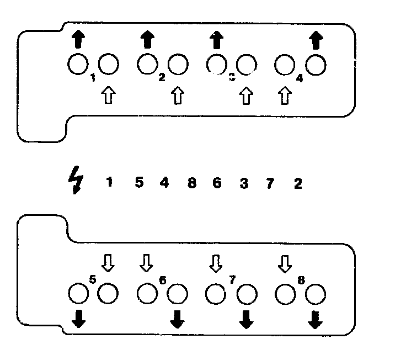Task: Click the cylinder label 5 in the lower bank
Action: click(x=92, y=279)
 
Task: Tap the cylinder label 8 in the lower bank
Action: click(x=301, y=279)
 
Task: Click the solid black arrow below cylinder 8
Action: click(x=315, y=320)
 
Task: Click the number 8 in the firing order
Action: click(x=191, y=183)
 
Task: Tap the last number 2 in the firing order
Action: click(x=298, y=183)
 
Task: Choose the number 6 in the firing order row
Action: click(x=217, y=183)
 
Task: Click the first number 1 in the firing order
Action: click(x=109, y=182)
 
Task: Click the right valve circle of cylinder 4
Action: click(x=316, y=66)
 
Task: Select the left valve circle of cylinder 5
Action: click(x=78, y=294)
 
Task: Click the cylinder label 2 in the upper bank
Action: click(x=162, y=77)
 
